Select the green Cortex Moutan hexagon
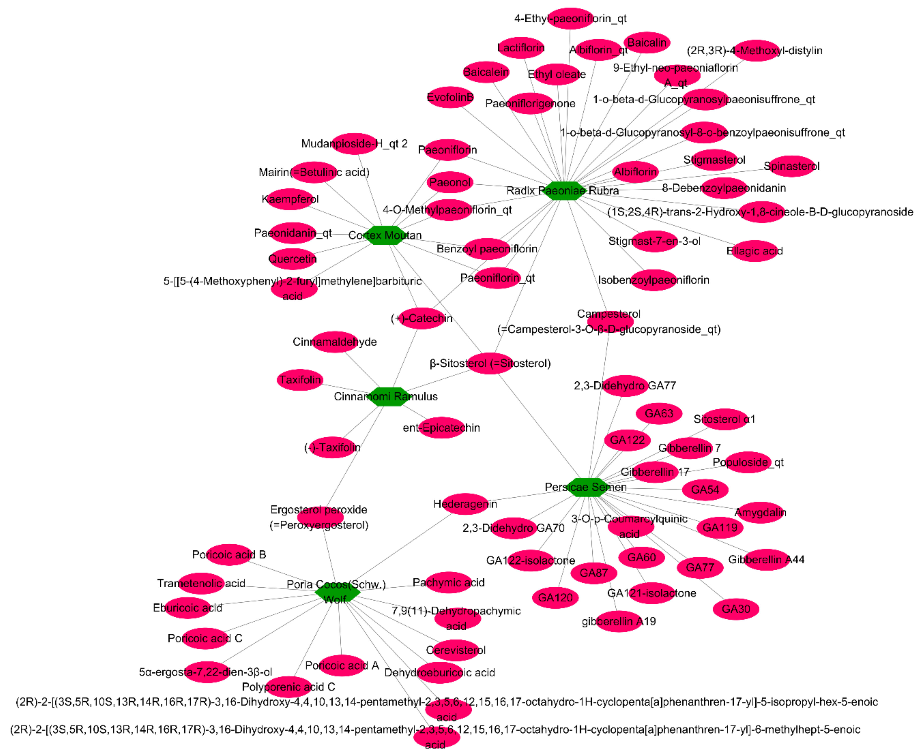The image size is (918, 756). click(x=385, y=235)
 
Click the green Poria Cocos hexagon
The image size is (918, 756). click(x=337, y=592)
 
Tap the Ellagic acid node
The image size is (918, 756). click(x=755, y=251)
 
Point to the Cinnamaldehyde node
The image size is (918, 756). click(x=334, y=342)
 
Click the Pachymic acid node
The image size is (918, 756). click(x=449, y=583)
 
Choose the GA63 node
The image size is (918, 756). click(x=659, y=413)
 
